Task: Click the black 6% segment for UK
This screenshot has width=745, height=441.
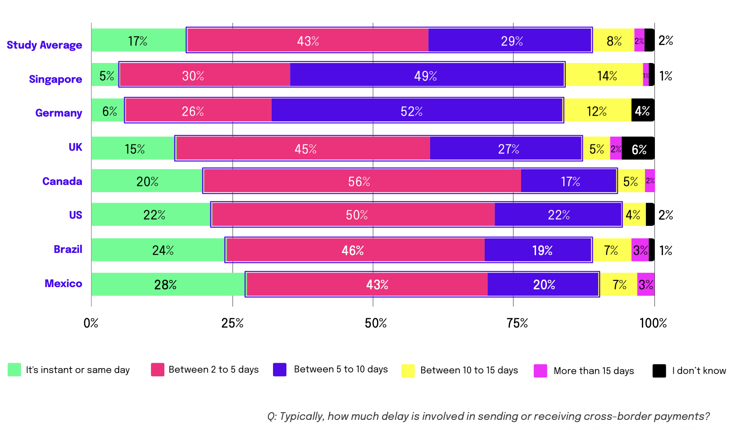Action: (638, 148)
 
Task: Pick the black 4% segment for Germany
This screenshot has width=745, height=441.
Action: (642, 110)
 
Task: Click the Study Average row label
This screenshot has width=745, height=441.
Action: (45, 45)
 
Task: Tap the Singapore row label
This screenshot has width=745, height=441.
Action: (55, 79)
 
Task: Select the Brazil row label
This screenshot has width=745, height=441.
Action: (68, 249)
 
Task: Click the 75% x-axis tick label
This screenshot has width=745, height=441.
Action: (517, 323)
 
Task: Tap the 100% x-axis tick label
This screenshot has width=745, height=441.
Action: (653, 323)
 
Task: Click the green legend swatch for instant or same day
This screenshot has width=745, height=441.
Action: (14, 370)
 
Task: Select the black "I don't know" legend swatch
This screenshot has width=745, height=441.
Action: (659, 371)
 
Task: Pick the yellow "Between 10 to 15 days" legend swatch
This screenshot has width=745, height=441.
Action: (408, 371)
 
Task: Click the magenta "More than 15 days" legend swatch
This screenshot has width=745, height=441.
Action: (541, 371)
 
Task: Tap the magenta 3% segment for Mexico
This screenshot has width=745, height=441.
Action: (646, 284)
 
